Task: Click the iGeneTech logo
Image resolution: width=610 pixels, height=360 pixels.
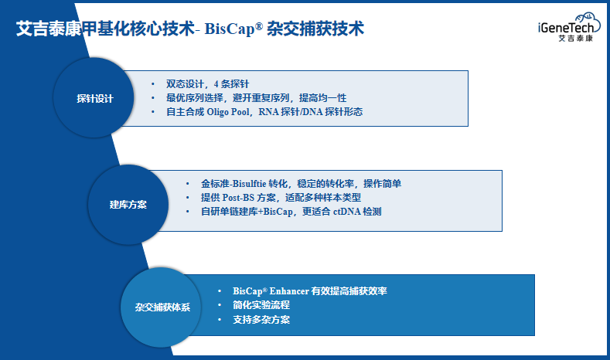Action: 569,27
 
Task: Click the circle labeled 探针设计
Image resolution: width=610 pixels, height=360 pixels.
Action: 94,97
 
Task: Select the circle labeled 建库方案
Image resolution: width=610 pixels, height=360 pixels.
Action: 128,205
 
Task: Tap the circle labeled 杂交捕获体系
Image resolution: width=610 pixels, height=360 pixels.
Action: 161,307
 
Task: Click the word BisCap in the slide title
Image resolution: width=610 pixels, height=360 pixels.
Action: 230,29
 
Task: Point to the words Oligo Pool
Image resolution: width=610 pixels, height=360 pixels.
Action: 228,112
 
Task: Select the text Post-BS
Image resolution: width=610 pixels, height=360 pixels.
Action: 238,198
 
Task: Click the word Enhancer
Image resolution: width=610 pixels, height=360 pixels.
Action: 289,290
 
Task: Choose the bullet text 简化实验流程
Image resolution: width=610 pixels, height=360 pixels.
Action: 261,305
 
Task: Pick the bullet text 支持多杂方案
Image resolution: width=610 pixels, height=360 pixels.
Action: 261,320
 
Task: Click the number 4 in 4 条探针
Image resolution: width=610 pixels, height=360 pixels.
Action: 216,84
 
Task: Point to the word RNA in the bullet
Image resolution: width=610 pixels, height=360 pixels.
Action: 268,112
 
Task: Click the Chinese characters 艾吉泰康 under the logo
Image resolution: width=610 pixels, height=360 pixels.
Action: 576,38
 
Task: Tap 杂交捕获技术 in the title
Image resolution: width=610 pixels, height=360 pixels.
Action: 315,29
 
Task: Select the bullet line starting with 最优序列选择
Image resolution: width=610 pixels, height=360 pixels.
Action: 256,98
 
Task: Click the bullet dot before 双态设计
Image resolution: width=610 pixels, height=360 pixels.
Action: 153,84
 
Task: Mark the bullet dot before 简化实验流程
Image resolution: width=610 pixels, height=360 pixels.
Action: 220,305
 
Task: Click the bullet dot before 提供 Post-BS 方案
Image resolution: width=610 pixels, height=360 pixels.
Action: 188,198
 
